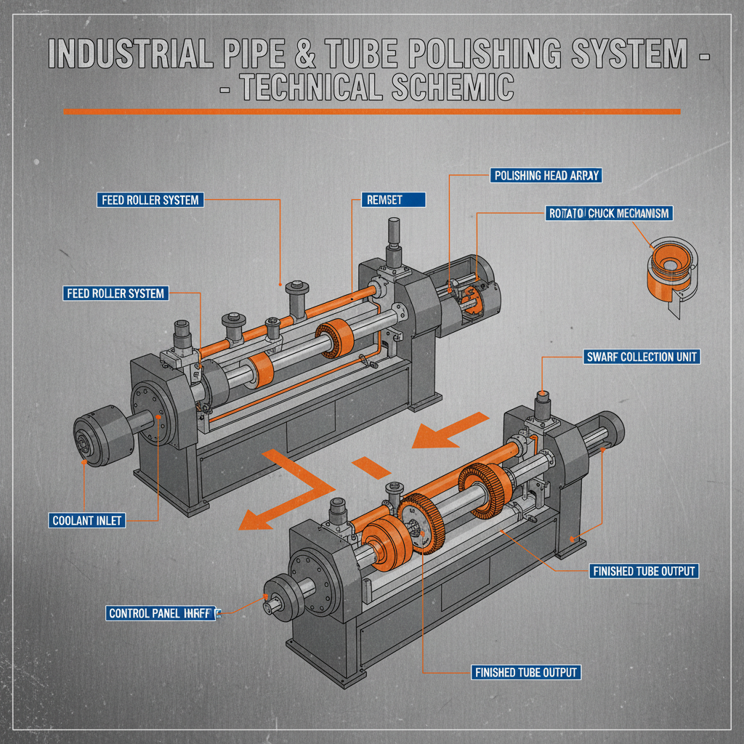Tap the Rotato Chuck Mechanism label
coord(607,214)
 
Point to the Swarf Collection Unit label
coord(642,357)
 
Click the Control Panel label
coord(162,613)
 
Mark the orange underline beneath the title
coord(371,111)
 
